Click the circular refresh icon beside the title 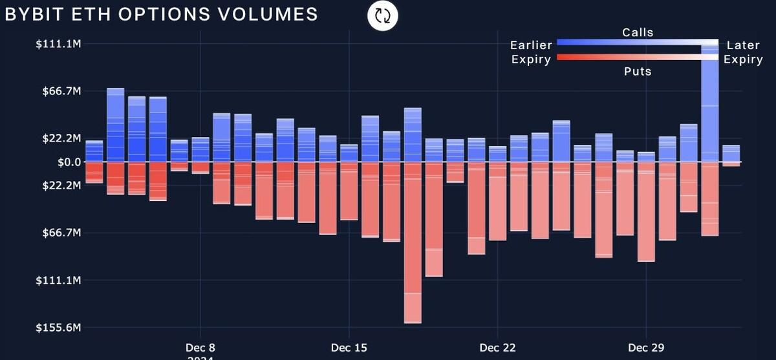(383, 16)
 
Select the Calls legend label (638, 32)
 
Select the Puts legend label (638, 71)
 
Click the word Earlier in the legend (531, 45)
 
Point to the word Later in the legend (743, 45)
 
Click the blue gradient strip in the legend (637, 43)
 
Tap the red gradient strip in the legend (637, 58)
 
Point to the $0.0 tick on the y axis (69, 162)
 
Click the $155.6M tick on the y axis (58, 328)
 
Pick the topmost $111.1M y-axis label (58, 44)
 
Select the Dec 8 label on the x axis (200, 348)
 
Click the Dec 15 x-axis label (349, 348)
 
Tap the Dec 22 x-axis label (497, 348)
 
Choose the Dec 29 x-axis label (647, 348)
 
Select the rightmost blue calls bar (731, 153)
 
